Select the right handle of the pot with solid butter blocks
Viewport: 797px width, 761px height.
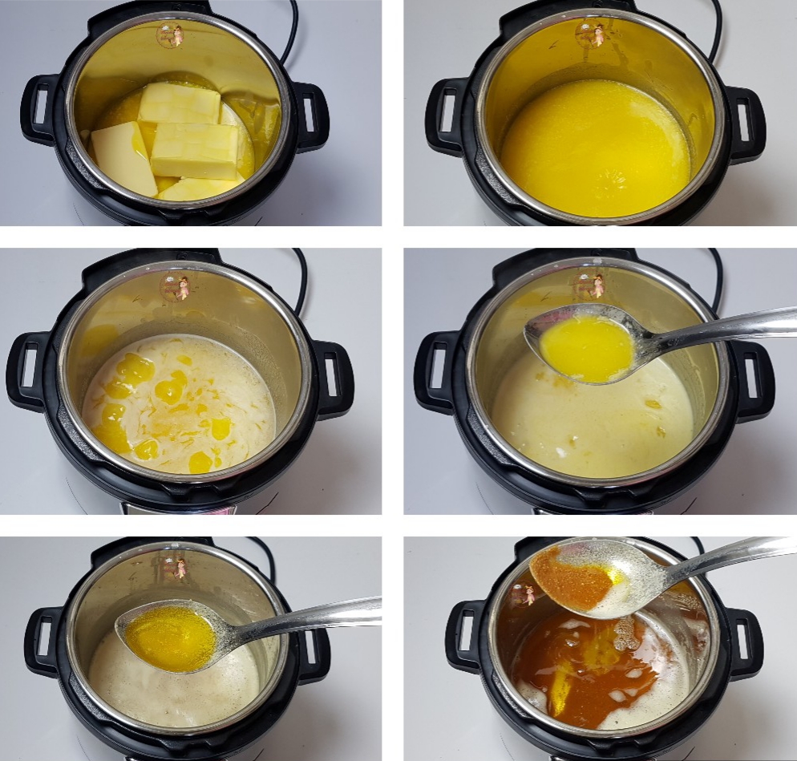click(312, 115)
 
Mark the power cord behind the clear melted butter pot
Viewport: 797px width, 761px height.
click(714, 32)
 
